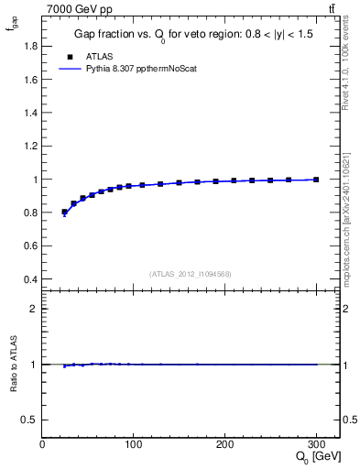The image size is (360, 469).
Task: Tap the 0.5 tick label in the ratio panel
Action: [29, 420]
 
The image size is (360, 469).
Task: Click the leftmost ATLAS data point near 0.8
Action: [64, 212]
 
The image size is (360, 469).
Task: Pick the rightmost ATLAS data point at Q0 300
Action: [316, 180]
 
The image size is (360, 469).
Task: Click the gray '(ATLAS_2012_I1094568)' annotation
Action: [190, 274]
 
